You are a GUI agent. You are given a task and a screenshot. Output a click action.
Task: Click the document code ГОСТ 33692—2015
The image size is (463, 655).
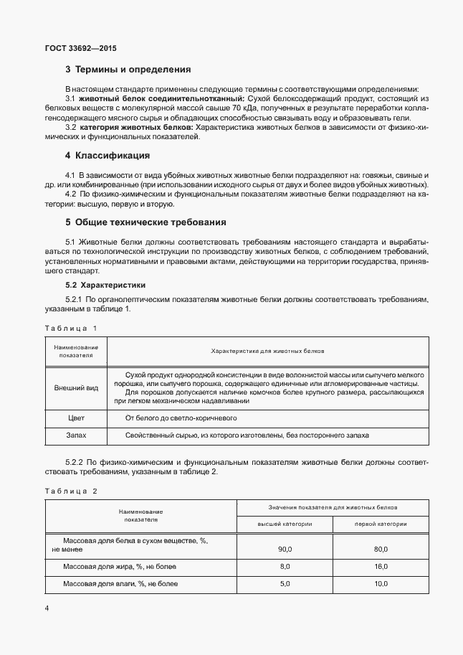[x=80, y=48]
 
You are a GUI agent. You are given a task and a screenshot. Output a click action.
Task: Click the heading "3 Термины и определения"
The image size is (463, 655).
[x=128, y=70]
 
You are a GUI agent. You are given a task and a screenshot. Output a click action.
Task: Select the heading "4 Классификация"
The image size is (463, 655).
[x=107, y=155]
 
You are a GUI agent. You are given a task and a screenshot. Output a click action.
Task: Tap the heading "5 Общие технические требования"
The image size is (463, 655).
[x=145, y=222]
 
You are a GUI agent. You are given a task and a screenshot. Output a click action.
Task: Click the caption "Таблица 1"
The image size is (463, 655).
[x=70, y=328]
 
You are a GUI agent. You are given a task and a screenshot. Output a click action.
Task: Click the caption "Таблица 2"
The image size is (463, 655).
[x=70, y=491]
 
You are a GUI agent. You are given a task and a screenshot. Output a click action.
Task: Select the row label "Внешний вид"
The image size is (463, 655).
[x=76, y=387]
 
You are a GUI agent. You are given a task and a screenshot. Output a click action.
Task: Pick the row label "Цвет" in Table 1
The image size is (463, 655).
[x=76, y=418]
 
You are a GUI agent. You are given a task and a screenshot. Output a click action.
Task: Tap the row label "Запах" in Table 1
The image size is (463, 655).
[x=76, y=435]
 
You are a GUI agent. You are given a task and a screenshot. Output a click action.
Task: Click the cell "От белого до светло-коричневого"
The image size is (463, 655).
[x=181, y=418]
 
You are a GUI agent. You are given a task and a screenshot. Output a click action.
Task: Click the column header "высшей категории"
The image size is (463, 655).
[x=285, y=524]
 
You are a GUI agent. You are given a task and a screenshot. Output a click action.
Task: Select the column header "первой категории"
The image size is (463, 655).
[x=381, y=524]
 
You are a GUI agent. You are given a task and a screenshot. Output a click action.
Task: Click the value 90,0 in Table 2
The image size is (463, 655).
[x=285, y=549]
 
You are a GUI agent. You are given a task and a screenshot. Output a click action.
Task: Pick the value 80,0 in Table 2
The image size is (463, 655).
[x=381, y=549]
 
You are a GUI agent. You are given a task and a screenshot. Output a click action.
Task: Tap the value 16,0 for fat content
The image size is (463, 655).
[x=381, y=566]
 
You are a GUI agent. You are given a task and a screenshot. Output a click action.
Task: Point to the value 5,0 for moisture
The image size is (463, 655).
[x=285, y=584]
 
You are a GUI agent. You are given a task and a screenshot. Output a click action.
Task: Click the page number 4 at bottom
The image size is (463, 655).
[x=47, y=608]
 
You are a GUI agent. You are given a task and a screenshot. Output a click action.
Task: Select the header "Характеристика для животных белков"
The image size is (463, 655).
[x=267, y=352]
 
